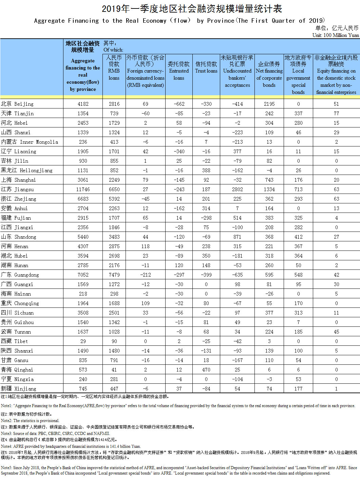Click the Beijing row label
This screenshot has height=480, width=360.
[17, 104]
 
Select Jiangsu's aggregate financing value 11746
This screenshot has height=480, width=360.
[83, 189]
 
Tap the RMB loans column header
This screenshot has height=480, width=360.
[114, 68]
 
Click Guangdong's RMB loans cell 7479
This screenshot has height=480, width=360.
[114, 275]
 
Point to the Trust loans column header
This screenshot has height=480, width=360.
[206, 67]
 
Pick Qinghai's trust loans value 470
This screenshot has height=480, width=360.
[206, 370]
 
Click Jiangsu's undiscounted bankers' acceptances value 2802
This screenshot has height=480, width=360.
[237, 189]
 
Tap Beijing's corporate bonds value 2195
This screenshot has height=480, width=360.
[269, 104]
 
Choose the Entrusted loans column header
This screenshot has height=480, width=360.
[179, 71]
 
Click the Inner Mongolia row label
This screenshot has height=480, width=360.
[30, 142]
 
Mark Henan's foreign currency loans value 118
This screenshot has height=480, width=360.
[145, 246]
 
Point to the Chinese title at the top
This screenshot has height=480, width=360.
[192, 8]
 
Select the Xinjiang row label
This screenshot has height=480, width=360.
[19, 389]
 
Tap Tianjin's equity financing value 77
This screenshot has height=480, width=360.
[336, 114]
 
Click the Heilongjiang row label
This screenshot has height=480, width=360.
[27, 171]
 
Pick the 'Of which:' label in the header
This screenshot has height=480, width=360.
[113, 50]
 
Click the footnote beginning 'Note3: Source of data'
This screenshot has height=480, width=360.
[55, 433]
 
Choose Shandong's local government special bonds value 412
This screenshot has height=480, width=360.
[298, 237]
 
